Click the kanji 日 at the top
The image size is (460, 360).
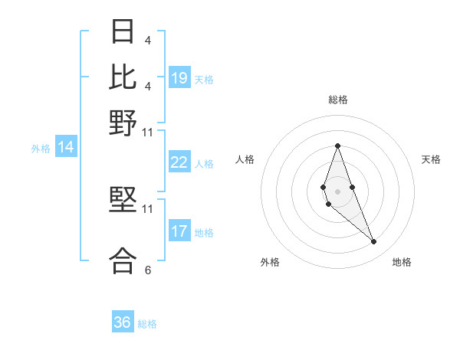click(123, 31)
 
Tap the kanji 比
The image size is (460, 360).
click(123, 77)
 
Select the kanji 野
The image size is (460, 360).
click(123, 123)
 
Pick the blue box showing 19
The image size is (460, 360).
click(179, 78)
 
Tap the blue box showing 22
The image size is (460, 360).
click(179, 162)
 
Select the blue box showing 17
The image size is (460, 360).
click(179, 232)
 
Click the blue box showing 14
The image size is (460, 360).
click(66, 148)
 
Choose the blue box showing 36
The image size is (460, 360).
click(123, 322)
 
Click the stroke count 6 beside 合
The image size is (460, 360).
click(147, 270)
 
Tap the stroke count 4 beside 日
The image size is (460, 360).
click(147, 40)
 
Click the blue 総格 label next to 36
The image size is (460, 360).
click(147, 324)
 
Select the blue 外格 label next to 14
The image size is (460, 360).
click(40, 149)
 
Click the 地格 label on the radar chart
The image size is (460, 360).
click(402, 262)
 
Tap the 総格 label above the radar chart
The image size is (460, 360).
click(337, 100)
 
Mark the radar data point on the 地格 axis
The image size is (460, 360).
click(374, 242)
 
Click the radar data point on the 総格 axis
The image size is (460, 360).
click(337, 146)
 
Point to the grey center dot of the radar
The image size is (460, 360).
click(337, 191)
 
